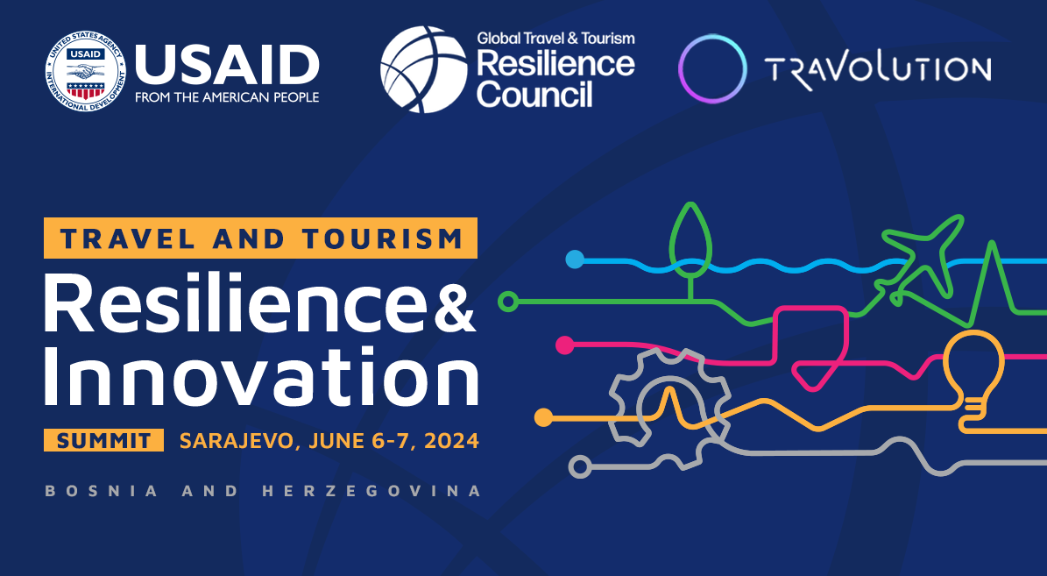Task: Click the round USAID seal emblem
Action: click(85, 72)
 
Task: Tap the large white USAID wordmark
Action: click(227, 66)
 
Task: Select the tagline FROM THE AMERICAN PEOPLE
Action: click(227, 97)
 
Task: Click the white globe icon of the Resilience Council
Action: click(423, 69)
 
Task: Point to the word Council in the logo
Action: click(534, 94)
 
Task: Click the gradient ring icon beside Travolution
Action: click(711, 68)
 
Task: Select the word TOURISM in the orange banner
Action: click(382, 238)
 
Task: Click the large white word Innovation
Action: click(261, 375)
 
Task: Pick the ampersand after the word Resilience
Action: click(455, 310)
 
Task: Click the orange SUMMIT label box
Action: click(103, 440)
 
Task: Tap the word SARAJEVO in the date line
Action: click(237, 441)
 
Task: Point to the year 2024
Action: click(451, 441)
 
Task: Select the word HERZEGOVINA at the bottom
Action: click(371, 491)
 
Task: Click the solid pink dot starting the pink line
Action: click(565, 345)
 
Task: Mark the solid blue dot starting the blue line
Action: click(574, 260)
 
